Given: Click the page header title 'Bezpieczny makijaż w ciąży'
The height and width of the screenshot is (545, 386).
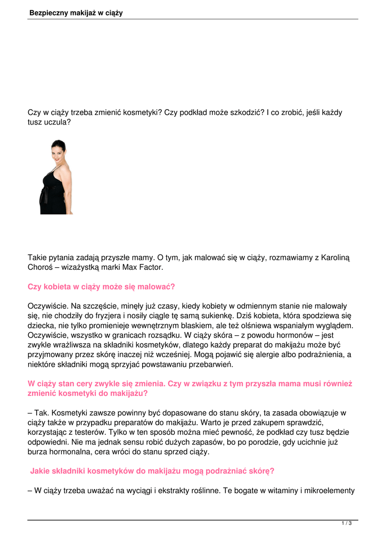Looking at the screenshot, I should (x=76, y=13).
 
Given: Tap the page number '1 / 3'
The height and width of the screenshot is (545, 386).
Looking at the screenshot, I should (x=347, y=524).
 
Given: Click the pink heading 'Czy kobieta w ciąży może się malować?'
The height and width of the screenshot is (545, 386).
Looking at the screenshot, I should (x=101, y=287).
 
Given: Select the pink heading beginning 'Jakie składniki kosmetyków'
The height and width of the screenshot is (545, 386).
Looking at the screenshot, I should (x=152, y=471).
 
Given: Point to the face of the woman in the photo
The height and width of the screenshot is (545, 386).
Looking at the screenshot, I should (x=57, y=151).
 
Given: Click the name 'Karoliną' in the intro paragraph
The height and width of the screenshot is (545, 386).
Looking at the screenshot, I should (x=334, y=258).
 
